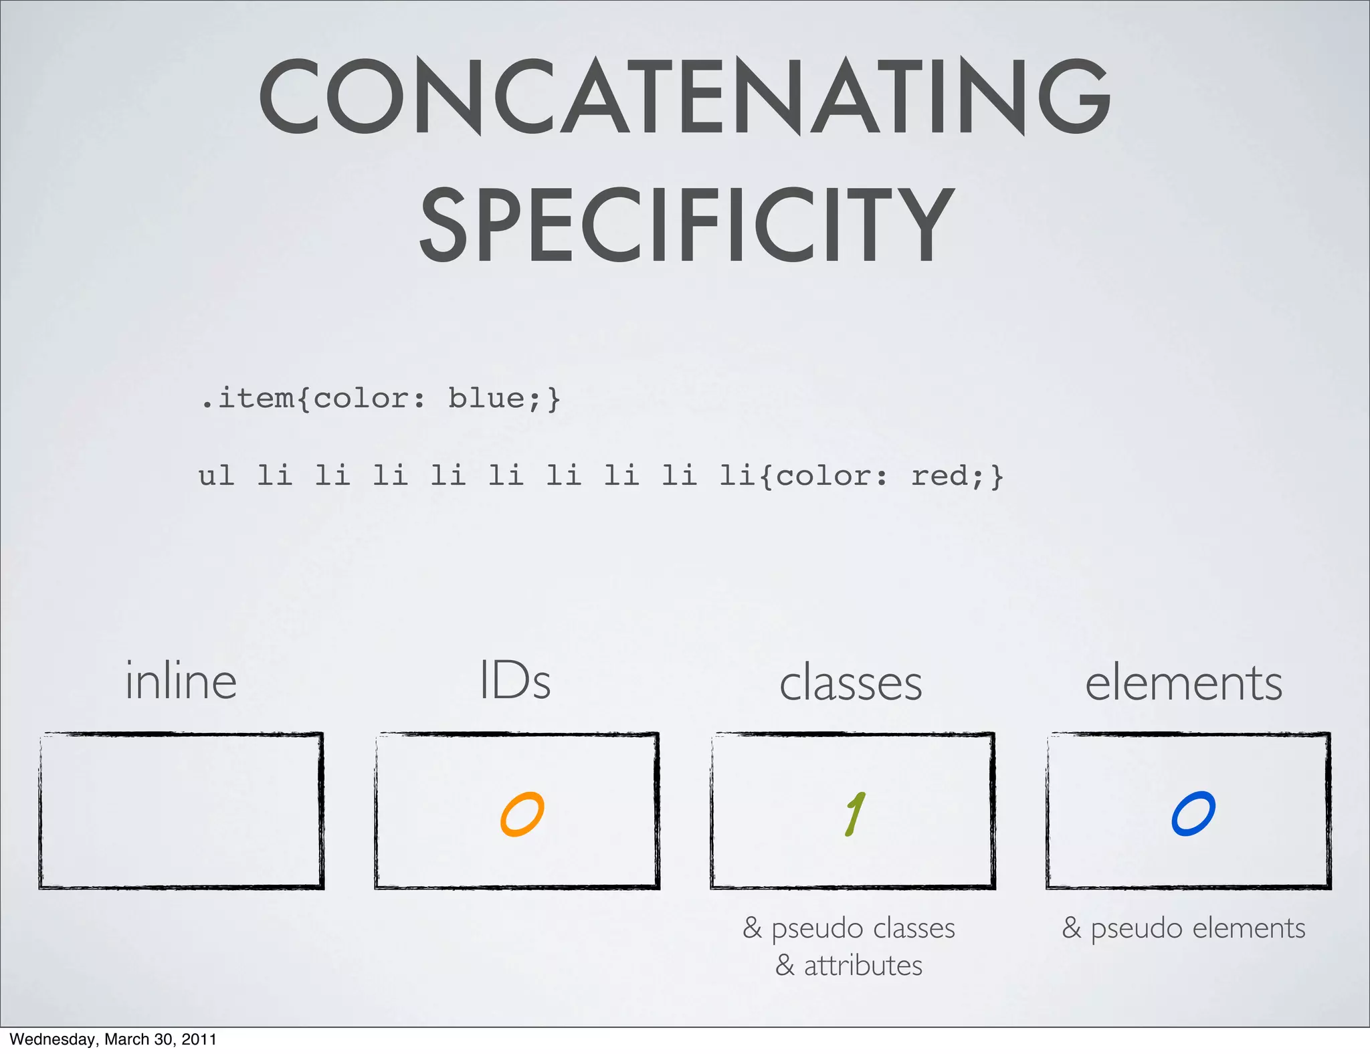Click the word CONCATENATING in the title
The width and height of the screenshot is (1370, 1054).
click(684, 97)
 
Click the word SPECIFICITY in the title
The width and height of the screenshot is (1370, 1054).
click(686, 225)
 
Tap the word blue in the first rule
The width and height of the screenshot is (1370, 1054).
click(486, 399)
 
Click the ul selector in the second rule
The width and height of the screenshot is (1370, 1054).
click(216, 476)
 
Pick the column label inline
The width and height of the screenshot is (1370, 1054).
click(181, 681)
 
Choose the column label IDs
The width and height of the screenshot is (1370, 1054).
click(515, 681)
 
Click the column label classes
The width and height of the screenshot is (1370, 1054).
click(851, 683)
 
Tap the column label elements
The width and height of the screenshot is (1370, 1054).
click(1184, 683)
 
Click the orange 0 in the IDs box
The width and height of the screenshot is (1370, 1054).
click(522, 815)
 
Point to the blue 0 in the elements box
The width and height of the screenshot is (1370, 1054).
click(1193, 814)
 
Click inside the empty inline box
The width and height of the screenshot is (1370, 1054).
click(181, 811)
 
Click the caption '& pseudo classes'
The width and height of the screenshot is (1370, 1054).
click(850, 928)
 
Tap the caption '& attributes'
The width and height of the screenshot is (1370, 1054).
click(850, 966)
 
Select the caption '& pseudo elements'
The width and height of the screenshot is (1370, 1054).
click(1184, 928)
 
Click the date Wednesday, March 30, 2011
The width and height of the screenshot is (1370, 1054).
click(113, 1039)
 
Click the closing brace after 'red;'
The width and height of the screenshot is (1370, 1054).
click(997, 476)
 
